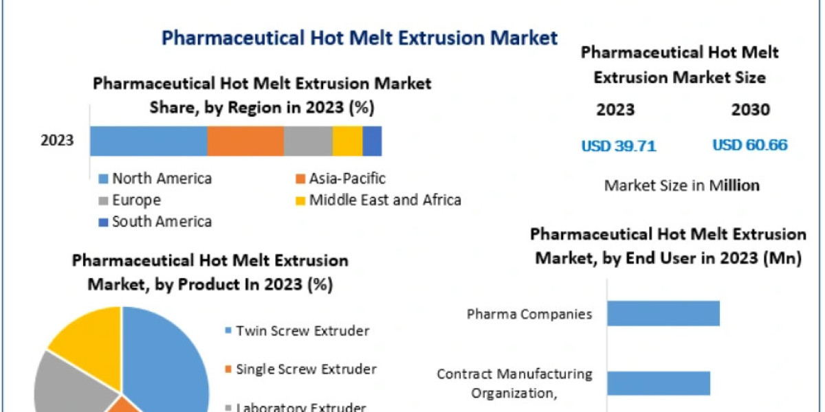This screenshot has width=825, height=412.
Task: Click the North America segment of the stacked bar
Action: pyautogui.click(x=148, y=141)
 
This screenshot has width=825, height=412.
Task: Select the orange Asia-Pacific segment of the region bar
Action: pyautogui.click(x=245, y=141)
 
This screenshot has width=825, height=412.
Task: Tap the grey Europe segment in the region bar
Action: pyautogui.click(x=308, y=141)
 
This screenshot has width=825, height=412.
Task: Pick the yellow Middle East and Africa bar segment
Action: pyautogui.click(x=347, y=141)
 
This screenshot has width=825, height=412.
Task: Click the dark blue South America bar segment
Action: pyautogui.click(x=372, y=141)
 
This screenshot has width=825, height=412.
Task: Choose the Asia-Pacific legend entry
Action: pyautogui.click(x=341, y=179)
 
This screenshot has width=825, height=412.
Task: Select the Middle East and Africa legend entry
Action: pyautogui.click(x=379, y=201)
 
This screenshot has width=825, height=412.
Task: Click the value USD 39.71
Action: pyautogui.click(x=619, y=146)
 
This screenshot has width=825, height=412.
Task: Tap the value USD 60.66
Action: pyautogui.click(x=750, y=146)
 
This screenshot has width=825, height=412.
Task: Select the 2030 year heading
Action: pyautogui.click(x=751, y=110)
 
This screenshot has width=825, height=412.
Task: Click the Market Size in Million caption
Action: pyautogui.click(x=682, y=185)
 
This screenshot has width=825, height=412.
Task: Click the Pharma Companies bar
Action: pyautogui.click(x=663, y=314)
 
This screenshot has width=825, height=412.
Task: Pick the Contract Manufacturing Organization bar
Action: pyautogui.click(x=658, y=383)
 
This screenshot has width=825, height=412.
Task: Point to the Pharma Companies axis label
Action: pyautogui.click(x=529, y=314)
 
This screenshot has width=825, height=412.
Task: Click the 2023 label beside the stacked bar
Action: pyautogui.click(x=57, y=141)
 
